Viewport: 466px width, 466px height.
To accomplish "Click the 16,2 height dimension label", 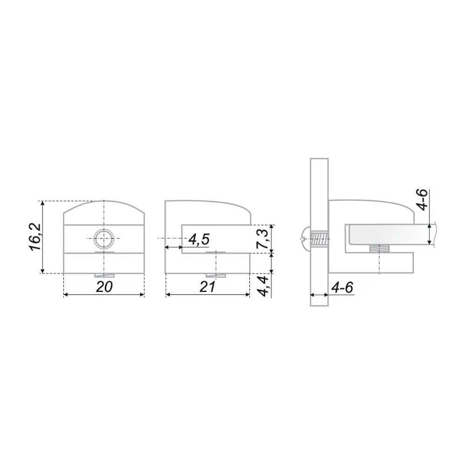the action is pyautogui.click(x=35, y=237).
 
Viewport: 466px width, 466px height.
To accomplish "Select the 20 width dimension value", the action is pyautogui.click(x=104, y=287).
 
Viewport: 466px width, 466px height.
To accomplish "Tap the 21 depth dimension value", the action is pyautogui.click(x=207, y=287).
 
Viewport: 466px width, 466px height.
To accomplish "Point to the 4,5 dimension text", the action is pyautogui.click(x=199, y=240).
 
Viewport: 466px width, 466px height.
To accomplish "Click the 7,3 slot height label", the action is pyautogui.click(x=262, y=239).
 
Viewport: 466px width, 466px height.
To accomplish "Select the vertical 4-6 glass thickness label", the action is pyautogui.click(x=422, y=199).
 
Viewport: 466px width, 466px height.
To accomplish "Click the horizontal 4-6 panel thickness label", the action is pyautogui.click(x=342, y=288).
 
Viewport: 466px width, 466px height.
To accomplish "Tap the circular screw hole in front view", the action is pyautogui.click(x=104, y=239).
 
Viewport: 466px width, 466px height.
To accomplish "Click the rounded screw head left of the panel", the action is pyautogui.click(x=305, y=238).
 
